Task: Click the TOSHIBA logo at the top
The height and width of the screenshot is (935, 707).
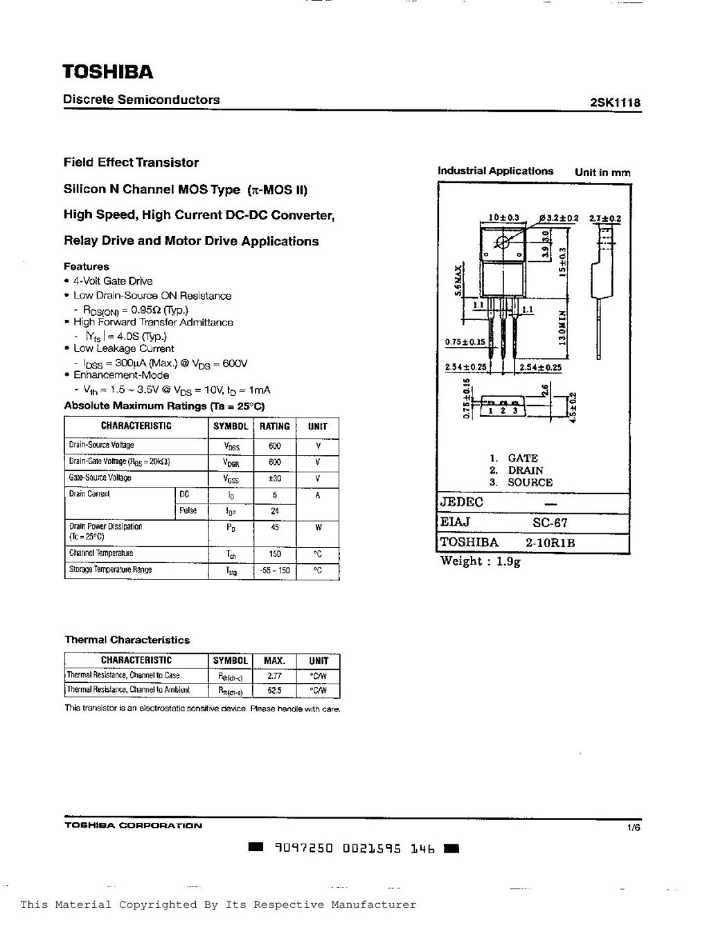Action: pos(108,72)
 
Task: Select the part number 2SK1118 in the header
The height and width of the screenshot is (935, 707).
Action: pos(615,103)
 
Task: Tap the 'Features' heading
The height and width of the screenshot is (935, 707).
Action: pos(87,266)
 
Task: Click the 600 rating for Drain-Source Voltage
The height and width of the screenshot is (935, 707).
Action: pos(274,446)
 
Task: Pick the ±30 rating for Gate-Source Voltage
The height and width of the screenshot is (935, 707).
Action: pos(274,478)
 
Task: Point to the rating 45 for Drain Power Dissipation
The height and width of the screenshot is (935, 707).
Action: pos(274,527)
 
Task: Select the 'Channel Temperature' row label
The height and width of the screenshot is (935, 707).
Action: pos(101,553)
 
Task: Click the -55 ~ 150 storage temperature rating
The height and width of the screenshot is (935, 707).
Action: pos(274,571)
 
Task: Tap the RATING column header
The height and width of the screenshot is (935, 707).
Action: pos(274,427)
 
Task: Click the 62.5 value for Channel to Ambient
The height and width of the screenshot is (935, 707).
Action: pos(274,691)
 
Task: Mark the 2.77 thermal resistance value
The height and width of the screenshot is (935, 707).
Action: pos(274,675)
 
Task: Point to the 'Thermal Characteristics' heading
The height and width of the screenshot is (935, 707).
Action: pos(127,640)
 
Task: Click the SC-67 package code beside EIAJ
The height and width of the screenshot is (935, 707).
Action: pos(551,523)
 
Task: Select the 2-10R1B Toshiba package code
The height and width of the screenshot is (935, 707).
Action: pos(550,543)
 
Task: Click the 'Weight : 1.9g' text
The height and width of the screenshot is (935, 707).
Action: pos(481,562)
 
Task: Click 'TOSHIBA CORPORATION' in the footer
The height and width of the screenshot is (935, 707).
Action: pos(134,826)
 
